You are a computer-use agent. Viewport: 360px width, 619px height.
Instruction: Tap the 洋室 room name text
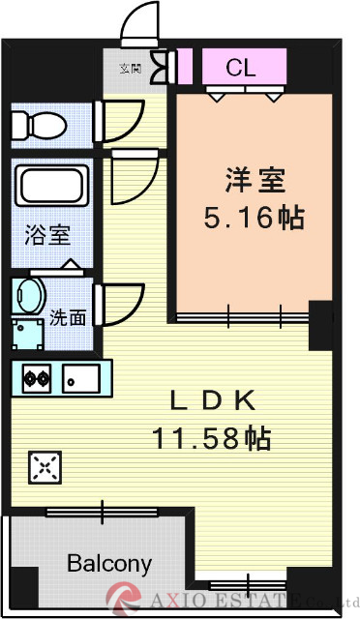[250, 180]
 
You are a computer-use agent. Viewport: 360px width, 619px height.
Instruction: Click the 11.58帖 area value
[210, 438]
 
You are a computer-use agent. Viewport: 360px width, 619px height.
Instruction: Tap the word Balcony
[108, 563]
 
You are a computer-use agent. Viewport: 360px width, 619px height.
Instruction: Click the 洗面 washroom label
[68, 316]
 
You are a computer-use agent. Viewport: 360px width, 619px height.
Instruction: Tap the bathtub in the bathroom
[53, 183]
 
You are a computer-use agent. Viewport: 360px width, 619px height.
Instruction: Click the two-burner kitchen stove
[38, 378]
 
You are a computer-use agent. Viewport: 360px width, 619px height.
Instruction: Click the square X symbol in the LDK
[45, 467]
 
